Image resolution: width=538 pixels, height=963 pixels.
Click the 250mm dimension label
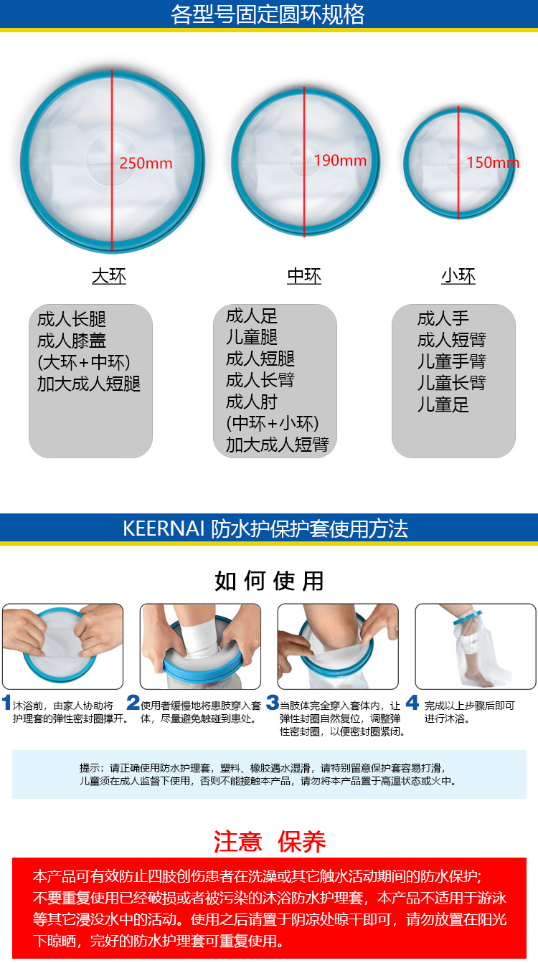(x=146, y=163)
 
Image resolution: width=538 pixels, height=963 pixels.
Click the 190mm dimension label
(x=340, y=160)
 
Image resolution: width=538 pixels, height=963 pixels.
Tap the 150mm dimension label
(x=492, y=163)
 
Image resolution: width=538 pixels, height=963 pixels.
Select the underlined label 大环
(x=109, y=276)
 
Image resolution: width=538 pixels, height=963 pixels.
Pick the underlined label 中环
(x=304, y=276)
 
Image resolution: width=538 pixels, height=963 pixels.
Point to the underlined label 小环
(x=458, y=276)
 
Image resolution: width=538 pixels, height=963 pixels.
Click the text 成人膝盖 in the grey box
(x=72, y=341)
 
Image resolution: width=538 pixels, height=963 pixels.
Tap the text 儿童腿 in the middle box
(x=252, y=337)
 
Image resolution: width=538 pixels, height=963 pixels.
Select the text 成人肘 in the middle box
(x=252, y=402)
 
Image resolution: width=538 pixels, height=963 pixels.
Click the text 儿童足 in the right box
(x=443, y=405)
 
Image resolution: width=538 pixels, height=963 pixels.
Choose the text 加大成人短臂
(x=277, y=445)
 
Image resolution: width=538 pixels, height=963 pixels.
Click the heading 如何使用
(x=269, y=581)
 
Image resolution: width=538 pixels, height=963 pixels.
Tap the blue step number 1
(x=6, y=703)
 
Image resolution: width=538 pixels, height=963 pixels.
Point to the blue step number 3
(x=273, y=703)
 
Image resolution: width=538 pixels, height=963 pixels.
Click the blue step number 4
(x=412, y=703)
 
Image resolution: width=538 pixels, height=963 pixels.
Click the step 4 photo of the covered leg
(x=476, y=646)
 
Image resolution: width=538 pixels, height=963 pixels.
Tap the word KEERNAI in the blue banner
(x=164, y=529)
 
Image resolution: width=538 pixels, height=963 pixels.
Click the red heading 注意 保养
(x=270, y=841)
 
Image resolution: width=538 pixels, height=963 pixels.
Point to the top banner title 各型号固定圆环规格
(x=268, y=14)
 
